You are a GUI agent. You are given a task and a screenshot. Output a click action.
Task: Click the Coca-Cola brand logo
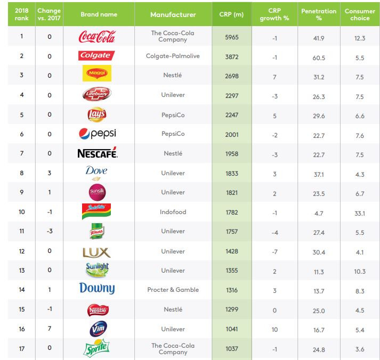97,37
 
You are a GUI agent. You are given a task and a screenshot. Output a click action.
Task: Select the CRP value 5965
231,37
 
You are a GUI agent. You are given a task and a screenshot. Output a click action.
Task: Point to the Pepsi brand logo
97,134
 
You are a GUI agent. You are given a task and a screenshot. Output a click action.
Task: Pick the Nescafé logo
97,153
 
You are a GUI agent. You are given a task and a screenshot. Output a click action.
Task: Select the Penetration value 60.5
319,58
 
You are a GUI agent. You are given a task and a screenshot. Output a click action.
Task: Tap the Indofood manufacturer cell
173,212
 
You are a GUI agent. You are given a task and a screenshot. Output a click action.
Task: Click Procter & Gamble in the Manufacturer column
173,290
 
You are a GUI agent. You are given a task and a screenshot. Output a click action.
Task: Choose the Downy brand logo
97,289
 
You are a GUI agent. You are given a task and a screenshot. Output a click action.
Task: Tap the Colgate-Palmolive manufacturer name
173,56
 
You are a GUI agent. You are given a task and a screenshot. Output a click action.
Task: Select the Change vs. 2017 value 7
50,329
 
